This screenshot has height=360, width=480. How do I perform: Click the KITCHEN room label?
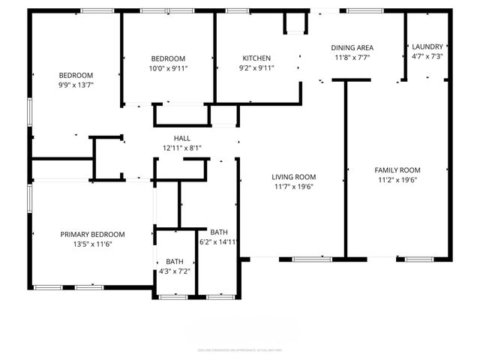[256, 58]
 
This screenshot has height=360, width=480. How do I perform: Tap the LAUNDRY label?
[427, 46]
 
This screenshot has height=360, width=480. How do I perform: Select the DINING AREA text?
[352, 48]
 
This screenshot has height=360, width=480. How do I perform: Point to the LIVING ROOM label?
[293, 177]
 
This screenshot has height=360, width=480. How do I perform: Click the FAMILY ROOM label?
[397, 170]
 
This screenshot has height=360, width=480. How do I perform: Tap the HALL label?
[181, 138]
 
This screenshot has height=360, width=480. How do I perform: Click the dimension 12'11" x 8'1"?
[181, 148]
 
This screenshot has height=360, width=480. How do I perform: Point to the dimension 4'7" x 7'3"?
[427, 56]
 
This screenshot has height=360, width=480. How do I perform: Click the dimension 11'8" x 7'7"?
[352, 58]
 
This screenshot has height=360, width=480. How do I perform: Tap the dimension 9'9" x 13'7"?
[76, 85]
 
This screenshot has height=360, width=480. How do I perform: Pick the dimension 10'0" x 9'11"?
[168, 67]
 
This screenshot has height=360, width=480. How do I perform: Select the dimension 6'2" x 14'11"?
[218, 241]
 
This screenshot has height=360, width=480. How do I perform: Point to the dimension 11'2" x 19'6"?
[397, 180]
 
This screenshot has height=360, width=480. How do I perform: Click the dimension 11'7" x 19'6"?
[293, 187]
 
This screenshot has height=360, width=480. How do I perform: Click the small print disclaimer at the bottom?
[240, 349]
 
